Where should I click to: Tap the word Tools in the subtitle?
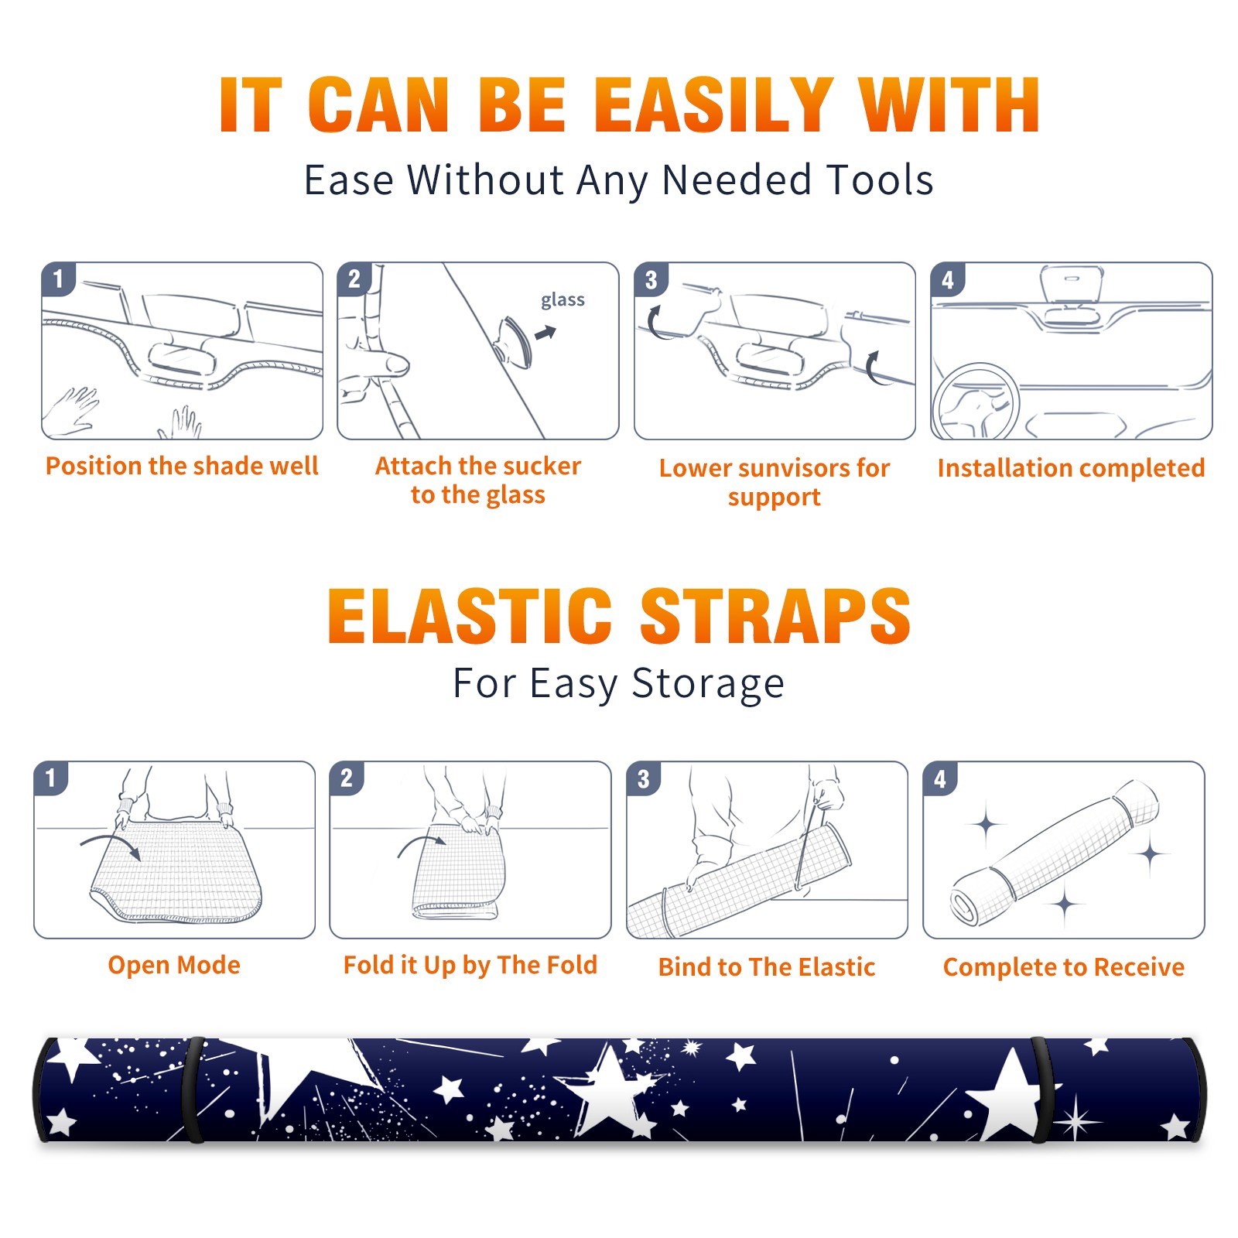point(881,180)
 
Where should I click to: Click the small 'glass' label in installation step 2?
point(563,300)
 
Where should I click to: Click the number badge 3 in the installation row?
point(651,279)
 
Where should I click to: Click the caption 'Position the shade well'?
point(182,466)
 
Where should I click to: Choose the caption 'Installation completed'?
point(1071,468)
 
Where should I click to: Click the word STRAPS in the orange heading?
point(775,616)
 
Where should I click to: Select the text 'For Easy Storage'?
point(619,683)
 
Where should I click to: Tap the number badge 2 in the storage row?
point(347,778)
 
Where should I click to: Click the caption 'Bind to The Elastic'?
point(767,967)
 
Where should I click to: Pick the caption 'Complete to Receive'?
point(1064,967)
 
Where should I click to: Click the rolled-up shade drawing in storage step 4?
point(1055,854)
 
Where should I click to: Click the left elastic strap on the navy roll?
point(193,1089)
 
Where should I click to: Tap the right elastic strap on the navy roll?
point(1041,1089)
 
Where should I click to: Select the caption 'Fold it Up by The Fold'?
point(470,966)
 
